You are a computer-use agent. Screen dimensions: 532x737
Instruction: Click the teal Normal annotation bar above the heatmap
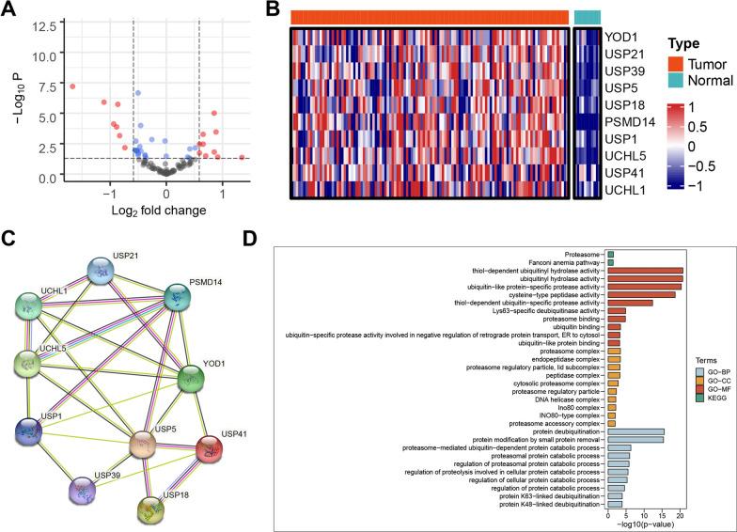(x=587, y=16)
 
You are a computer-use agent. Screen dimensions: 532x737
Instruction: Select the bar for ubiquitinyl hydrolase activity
(x=645, y=278)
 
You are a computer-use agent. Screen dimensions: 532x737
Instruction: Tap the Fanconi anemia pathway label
(x=563, y=261)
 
